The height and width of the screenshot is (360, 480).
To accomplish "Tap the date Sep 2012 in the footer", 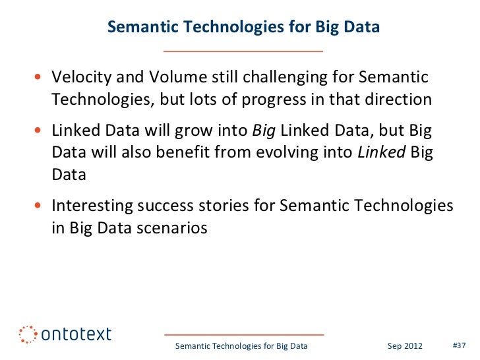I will pos(403,345).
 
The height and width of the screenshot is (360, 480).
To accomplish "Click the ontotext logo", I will pos(65,334).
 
